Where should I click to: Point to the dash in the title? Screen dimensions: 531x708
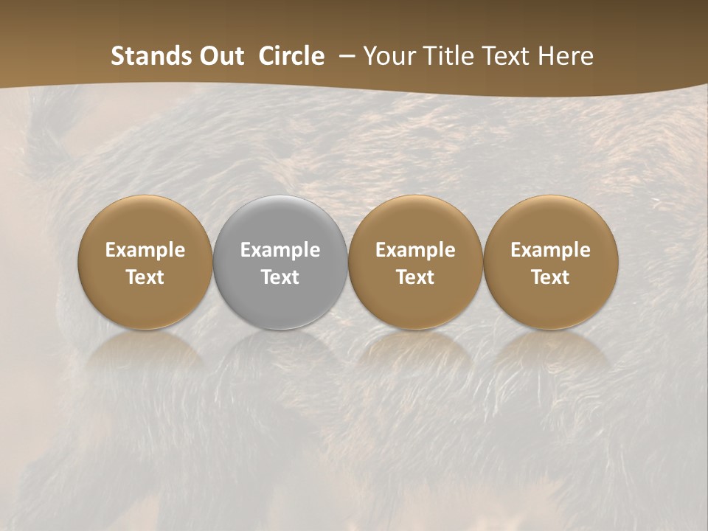(x=344, y=56)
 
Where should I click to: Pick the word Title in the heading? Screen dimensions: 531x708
(x=445, y=56)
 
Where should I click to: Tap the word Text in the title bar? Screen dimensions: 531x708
(x=502, y=56)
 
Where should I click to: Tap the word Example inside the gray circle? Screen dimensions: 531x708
(x=280, y=250)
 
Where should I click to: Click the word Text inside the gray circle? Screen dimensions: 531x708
(x=280, y=277)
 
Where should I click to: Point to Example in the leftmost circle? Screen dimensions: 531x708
(x=145, y=250)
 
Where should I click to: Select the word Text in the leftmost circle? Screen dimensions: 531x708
(x=145, y=277)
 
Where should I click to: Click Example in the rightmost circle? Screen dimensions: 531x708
(x=551, y=250)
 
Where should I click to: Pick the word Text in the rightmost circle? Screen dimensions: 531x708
(x=551, y=277)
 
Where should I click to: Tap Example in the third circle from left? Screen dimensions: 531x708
(x=415, y=250)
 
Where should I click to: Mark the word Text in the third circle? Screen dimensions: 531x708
(x=415, y=277)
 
